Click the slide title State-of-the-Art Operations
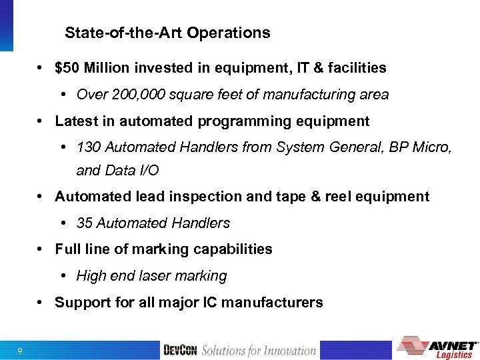167,33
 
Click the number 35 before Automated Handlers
85,223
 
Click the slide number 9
21,351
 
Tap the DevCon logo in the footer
180,351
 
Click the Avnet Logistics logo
437,347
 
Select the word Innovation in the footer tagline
289,351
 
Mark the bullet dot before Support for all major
41,303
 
